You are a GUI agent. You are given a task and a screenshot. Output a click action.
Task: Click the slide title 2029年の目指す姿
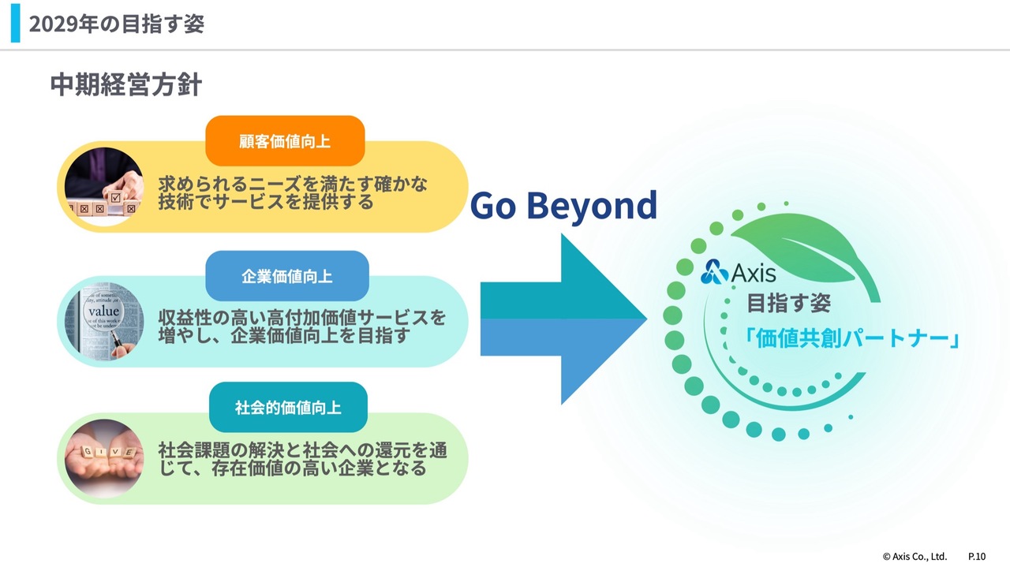pos(116,24)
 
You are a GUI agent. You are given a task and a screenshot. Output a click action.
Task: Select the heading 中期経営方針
pos(126,85)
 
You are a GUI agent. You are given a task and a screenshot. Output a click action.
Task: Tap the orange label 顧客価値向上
pos(285,141)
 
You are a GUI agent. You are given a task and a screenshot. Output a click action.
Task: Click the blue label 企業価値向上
pos(287,276)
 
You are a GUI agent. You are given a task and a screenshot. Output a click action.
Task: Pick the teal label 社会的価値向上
pos(288,408)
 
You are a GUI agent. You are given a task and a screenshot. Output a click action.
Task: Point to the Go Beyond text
pos(563,206)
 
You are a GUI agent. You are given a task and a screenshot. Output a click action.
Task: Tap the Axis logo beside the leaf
pos(739,273)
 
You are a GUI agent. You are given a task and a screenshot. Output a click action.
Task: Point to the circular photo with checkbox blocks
pos(104,187)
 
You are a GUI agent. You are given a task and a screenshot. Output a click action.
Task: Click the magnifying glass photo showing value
pos(104,321)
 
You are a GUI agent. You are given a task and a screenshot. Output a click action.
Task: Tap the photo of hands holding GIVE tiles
pos(104,458)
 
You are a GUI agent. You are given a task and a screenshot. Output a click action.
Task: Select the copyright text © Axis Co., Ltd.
pos(915,555)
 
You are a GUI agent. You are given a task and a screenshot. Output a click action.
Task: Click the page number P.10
pos(976,555)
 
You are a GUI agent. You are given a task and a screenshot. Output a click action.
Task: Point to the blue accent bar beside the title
pos(15,24)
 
